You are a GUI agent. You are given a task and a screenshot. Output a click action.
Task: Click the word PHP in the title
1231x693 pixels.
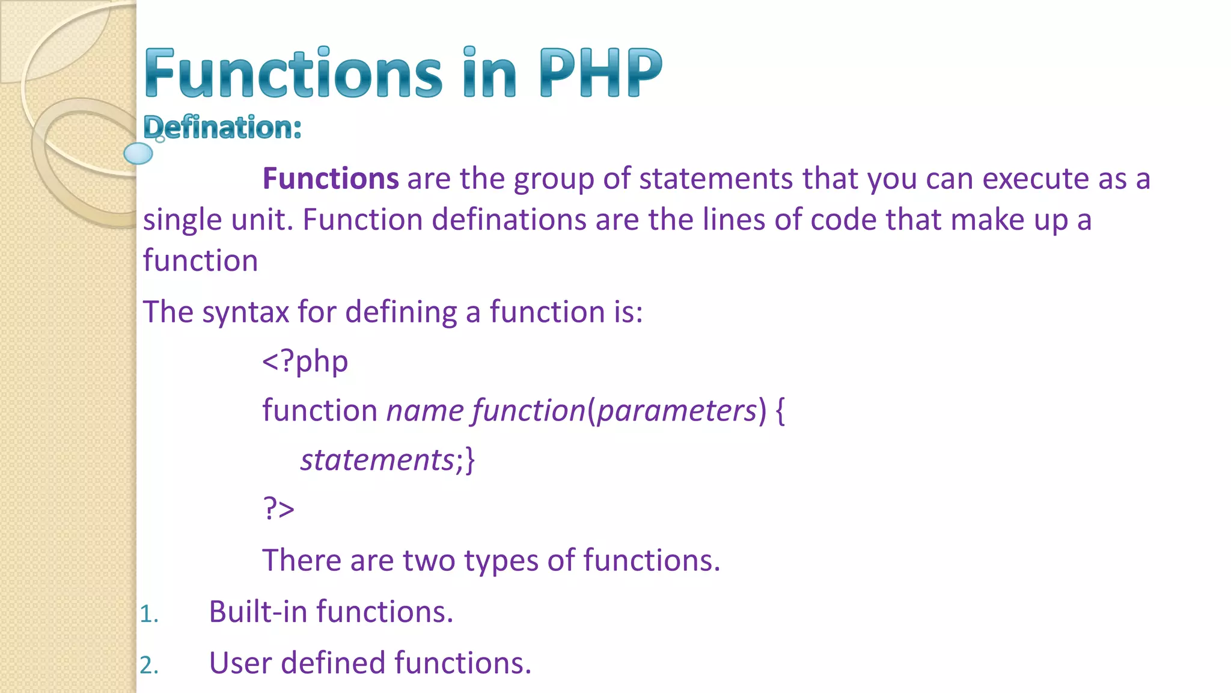600,73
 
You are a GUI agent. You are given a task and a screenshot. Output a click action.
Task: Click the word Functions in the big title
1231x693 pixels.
293,73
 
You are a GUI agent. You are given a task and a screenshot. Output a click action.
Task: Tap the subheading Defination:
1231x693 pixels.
222,128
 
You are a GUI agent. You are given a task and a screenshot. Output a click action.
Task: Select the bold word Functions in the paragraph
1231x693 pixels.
331,179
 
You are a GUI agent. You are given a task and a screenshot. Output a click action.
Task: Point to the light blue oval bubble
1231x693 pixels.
138,153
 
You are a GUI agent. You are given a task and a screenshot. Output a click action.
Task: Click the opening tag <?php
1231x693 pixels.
305,361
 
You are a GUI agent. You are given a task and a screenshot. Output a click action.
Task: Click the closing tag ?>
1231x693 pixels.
278,509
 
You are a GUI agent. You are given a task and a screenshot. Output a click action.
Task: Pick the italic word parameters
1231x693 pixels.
677,411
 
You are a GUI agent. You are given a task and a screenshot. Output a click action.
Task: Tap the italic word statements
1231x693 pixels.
377,460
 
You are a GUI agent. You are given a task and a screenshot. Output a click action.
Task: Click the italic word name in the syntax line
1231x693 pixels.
424,411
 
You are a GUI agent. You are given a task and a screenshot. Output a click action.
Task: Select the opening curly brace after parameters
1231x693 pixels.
780,411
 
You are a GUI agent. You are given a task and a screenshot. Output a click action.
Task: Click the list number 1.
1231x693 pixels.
148,614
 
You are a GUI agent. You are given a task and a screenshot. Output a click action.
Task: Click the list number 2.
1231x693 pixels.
148,665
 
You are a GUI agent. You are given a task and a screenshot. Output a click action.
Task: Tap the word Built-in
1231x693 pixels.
258,612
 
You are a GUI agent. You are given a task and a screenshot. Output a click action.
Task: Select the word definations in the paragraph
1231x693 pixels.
509,220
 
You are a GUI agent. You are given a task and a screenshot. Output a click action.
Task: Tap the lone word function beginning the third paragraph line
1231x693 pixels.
200,261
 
